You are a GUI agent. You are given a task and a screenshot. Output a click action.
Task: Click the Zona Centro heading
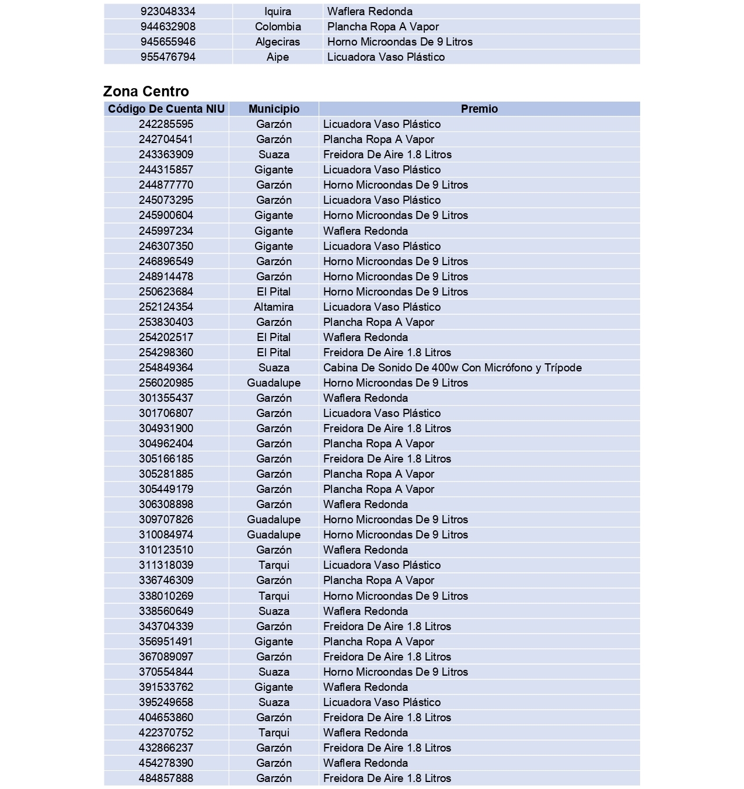click(x=146, y=91)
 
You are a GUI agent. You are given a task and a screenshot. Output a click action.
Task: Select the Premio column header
click(x=479, y=109)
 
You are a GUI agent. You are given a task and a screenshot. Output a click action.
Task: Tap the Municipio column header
click(x=274, y=109)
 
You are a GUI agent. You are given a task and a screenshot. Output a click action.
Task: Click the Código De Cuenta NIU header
click(x=166, y=109)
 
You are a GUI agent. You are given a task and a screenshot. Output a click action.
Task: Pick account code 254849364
click(x=166, y=367)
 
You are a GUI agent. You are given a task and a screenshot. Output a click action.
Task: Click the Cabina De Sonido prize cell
click(x=452, y=367)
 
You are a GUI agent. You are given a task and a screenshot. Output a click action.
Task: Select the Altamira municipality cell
click(x=274, y=307)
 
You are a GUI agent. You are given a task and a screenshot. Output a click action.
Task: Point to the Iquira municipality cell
click(x=278, y=11)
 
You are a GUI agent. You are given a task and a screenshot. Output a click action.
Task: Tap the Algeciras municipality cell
click(x=278, y=41)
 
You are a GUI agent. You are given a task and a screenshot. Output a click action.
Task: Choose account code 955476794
click(x=168, y=57)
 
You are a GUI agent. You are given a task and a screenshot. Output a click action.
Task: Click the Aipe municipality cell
click(x=278, y=57)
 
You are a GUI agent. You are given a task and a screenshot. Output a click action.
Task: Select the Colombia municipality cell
click(x=278, y=26)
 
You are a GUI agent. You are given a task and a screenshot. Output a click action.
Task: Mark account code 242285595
click(x=166, y=124)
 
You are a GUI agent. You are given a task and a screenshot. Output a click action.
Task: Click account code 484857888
click(x=166, y=778)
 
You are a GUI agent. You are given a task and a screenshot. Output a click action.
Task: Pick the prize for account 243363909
click(x=387, y=154)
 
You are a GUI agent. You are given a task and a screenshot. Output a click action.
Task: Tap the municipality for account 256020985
click(x=274, y=383)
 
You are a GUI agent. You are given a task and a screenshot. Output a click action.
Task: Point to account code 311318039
click(x=166, y=565)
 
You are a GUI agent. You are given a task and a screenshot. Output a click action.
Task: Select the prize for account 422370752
click(x=365, y=732)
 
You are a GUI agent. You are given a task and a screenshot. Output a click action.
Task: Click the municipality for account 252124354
click(x=274, y=307)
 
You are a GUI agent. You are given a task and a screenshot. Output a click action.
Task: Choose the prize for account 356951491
click(x=379, y=641)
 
